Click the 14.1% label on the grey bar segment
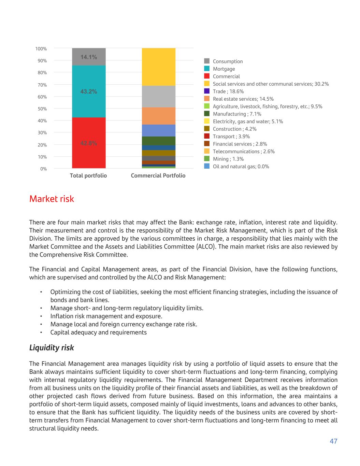tap(89, 57)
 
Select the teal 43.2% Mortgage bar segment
tap(89, 91)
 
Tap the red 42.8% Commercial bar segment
tap(89, 143)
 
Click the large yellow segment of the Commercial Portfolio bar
tap(159, 67)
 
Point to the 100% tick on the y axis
tap(41, 49)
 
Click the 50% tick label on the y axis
tap(42, 109)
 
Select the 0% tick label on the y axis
tap(43, 169)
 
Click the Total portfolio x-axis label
tap(88, 175)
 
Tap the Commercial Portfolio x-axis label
tap(158, 175)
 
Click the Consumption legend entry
tap(228, 61)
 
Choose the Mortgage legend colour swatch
tap(207, 69)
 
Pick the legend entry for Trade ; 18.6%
tap(228, 91)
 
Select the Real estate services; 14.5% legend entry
tap(243, 99)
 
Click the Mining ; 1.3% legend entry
tap(228, 159)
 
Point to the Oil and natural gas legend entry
tap(241, 167)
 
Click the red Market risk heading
tap(52, 199)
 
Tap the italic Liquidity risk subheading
tap(52, 348)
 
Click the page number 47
tap(333, 441)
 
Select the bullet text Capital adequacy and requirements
tap(98, 332)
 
